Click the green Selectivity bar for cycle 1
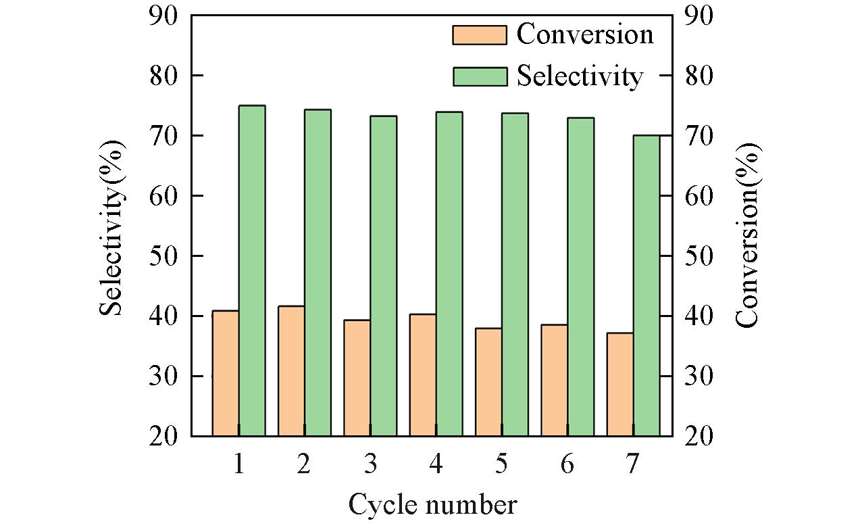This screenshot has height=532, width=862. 252,270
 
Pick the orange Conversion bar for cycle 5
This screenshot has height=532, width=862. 488,382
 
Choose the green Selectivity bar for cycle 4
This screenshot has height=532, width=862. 449,274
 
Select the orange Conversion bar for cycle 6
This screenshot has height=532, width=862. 554,380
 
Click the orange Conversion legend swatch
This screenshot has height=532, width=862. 479,35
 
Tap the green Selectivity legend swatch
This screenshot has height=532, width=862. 479,76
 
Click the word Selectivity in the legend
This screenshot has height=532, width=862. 580,76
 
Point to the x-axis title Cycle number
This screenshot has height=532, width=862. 432,505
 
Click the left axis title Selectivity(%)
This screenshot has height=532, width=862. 112,228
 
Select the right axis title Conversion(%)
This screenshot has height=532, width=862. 747,235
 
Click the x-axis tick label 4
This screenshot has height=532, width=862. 436,464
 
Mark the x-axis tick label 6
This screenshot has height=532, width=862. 567,464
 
